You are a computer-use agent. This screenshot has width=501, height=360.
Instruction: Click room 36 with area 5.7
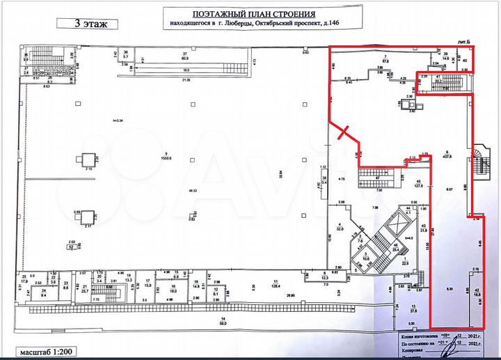click(x=126, y=56)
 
